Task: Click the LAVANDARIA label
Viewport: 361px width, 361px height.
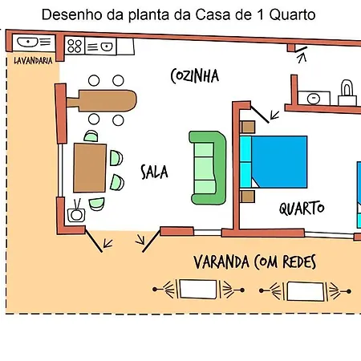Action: tap(33, 61)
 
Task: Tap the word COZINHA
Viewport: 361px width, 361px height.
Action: tap(195, 76)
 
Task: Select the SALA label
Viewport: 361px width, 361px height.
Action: tap(154, 172)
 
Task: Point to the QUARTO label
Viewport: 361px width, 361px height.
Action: tap(302, 208)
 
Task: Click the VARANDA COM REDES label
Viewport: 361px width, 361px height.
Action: tap(255, 262)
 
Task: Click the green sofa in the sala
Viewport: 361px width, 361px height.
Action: tap(208, 168)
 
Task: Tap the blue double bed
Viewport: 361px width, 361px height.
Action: tap(274, 162)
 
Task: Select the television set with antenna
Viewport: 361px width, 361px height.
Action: tap(76, 213)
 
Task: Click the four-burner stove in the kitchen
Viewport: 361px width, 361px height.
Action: tap(75, 46)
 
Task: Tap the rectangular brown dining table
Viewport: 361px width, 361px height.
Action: tap(90, 168)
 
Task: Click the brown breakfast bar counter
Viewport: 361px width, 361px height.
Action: tap(102, 100)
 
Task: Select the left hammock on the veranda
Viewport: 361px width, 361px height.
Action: tap(198, 289)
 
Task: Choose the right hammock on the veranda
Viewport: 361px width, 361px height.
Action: tap(305, 291)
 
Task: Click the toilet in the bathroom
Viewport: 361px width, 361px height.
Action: tap(347, 93)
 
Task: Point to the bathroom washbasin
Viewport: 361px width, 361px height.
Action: tap(314, 98)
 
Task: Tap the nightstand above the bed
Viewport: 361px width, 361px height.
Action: tap(248, 127)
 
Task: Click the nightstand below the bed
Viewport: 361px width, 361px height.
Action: tap(247, 197)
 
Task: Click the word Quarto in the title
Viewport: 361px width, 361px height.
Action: tap(292, 15)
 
